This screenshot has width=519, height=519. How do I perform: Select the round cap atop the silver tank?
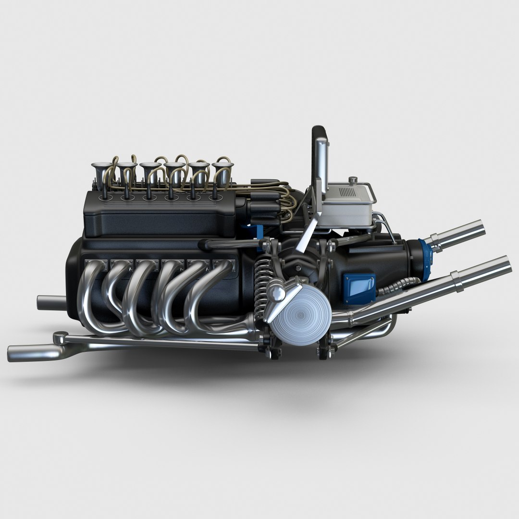point(354,180)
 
